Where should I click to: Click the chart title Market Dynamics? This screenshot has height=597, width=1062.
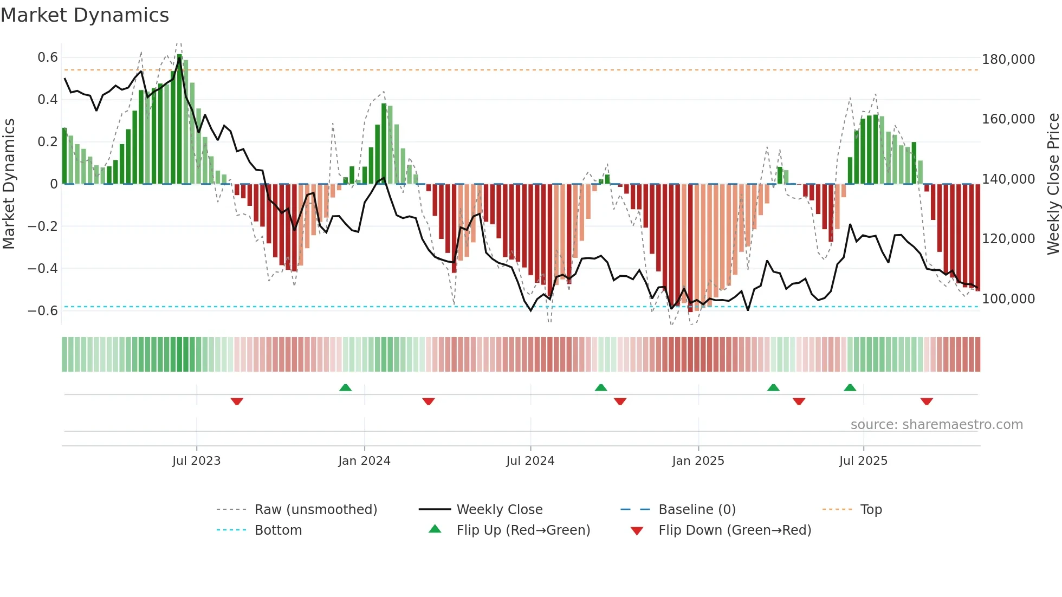[x=85, y=15]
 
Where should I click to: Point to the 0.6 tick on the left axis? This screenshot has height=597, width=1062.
[x=48, y=57]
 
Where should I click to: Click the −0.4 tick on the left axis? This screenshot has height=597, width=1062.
[x=43, y=269]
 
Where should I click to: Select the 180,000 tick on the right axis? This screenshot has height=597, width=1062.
[x=1008, y=60]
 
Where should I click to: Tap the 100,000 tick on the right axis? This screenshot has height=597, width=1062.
[x=1008, y=299]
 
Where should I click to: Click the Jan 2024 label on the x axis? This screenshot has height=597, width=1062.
[x=364, y=461]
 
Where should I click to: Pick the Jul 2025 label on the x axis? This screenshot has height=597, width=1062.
[x=863, y=461]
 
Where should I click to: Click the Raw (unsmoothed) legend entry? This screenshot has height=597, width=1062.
[x=315, y=510]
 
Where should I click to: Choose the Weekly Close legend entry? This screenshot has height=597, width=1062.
[x=499, y=510]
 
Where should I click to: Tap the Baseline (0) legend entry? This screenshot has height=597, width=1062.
[x=697, y=510]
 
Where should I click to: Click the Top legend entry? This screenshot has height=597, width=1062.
[x=871, y=510]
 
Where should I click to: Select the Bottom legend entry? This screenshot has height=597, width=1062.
[x=278, y=530]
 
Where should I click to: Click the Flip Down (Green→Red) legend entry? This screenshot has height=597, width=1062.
[x=734, y=530]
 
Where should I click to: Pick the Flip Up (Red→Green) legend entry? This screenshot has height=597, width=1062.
[x=523, y=530]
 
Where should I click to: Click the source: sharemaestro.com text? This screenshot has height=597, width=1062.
[x=936, y=425]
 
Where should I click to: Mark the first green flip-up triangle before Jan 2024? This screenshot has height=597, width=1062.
[x=345, y=387]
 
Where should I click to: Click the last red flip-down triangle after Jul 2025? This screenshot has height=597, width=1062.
[x=927, y=401]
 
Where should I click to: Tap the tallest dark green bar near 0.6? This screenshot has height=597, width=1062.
[x=180, y=119]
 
